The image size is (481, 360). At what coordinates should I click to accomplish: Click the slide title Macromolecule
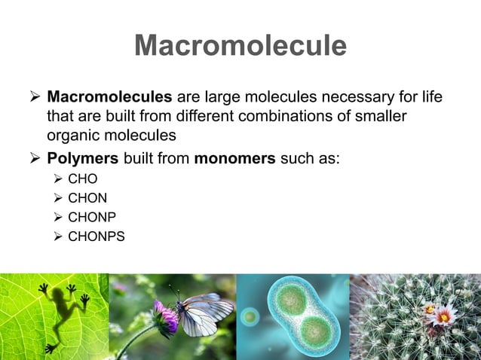tap(240, 47)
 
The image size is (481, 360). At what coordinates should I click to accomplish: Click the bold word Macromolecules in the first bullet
tap(110, 99)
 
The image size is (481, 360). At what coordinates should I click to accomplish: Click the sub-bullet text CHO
tap(83, 180)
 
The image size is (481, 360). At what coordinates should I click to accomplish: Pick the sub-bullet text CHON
tap(87, 199)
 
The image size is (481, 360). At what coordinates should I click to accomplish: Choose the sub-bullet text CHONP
tap(92, 218)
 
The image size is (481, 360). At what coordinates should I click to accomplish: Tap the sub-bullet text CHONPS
tap(97, 237)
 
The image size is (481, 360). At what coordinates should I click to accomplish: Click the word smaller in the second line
tap(379, 117)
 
